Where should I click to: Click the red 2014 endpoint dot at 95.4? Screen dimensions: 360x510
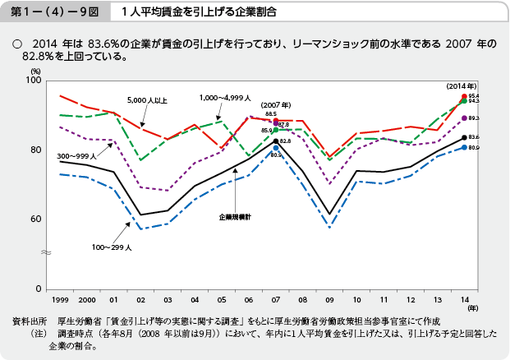pos(465,96)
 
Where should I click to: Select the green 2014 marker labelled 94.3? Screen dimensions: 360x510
pos(465,101)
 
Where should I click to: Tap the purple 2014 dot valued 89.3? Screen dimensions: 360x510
pos(465,118)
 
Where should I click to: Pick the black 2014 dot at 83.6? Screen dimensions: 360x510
pos(465,137)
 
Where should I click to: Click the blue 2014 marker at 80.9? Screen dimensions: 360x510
pos(465,147)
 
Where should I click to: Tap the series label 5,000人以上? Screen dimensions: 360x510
pos(147,100)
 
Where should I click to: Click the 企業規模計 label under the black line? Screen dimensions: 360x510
pos(236,216)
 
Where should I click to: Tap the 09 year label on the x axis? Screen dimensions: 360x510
pos(329,299)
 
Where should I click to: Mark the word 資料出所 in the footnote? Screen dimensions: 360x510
pos(30,319)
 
